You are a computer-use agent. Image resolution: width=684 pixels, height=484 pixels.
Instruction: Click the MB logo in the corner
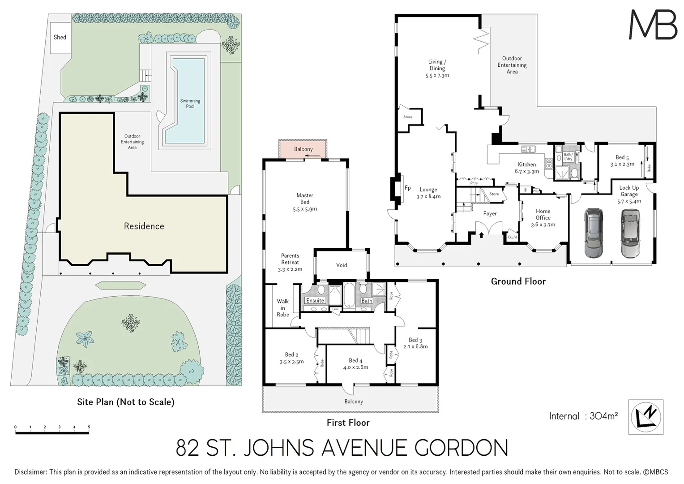(653, 25)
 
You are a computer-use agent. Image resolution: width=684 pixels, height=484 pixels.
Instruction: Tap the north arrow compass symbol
(646, 417)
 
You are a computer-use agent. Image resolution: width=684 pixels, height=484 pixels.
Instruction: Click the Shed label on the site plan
(60, 37)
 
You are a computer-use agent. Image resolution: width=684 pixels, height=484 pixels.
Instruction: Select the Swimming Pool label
(190, 104)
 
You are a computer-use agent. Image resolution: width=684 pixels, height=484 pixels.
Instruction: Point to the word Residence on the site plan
(144, 226)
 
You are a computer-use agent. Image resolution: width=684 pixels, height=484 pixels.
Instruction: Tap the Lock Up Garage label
(629, 194)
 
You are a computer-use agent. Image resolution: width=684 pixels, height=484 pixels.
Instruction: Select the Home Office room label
(543, 217)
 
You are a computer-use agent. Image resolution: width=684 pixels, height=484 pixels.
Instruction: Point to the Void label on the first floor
(342, 265)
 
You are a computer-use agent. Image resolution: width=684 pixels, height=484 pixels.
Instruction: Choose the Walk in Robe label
(283, 308)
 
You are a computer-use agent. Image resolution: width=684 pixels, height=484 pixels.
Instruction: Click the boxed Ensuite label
(315, 301)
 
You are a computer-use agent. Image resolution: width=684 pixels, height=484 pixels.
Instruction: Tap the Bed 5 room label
(622, 160)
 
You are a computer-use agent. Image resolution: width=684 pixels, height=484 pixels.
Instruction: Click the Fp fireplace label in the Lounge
(407, 188)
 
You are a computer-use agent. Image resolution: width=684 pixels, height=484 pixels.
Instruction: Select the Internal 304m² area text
(583, 416)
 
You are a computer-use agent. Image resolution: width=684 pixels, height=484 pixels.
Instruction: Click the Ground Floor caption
(518, 281)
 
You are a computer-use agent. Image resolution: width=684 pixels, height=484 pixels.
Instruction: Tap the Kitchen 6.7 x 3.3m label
(527, 168)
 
